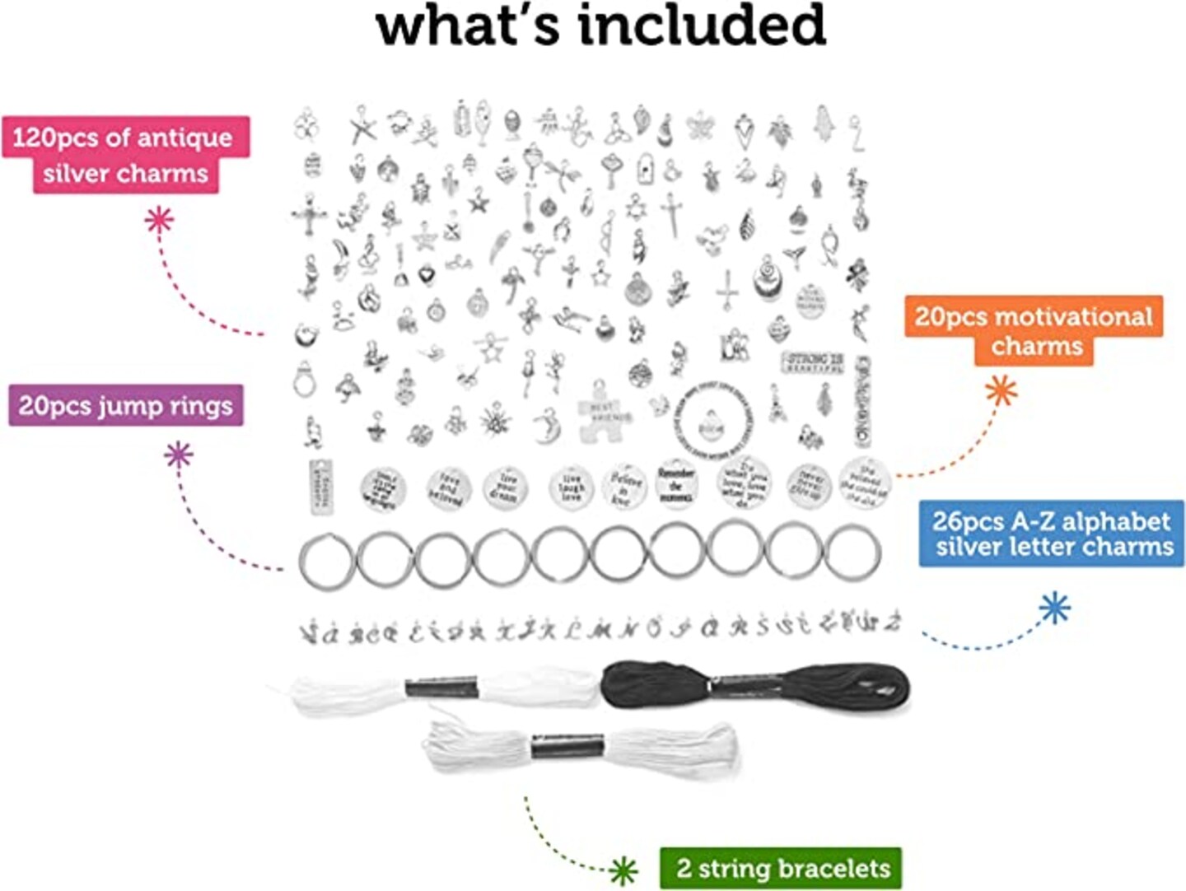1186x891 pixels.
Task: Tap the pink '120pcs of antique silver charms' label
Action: (126, 155)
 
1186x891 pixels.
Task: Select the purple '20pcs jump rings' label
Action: (126, 405)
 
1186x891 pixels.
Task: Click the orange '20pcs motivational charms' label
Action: (1034, 329)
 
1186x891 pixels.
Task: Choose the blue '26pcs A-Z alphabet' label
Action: (1052, 534)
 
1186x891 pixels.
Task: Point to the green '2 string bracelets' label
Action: (781, 868)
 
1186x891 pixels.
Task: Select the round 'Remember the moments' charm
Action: (676, 484)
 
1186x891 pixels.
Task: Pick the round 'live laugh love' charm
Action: (571, 487)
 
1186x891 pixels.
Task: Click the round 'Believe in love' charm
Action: (624, 487)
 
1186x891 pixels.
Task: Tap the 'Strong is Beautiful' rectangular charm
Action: (813, 362)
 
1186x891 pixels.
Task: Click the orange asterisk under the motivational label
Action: (1002, 390)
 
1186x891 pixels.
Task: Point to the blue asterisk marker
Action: (1054, 609)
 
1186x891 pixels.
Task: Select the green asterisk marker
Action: (624, 870)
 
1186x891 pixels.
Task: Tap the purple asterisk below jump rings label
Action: (179, 455)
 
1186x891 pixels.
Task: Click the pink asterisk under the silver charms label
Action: (160, 219)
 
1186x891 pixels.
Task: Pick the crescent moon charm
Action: (546, 427)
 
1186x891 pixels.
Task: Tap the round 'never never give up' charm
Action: (807, 486)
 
